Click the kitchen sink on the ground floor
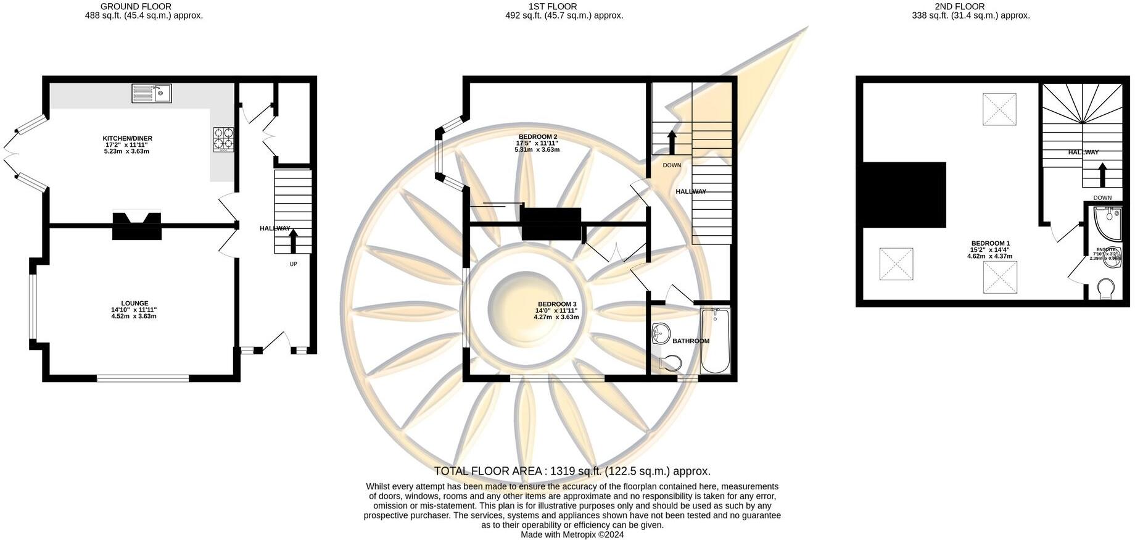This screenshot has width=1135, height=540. [x=152, y=94]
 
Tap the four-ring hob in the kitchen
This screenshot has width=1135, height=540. [x=223, y=139]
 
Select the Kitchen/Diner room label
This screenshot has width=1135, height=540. [x=127, y=138]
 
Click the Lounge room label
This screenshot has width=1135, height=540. [x=134, y=303]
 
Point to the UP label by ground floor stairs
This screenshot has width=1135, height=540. [x=293, y=264]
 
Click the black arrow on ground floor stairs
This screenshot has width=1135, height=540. [x=293, y=241]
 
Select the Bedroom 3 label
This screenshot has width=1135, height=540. [x=556, y=304]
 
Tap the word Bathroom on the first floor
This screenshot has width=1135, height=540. [x=690, y=341]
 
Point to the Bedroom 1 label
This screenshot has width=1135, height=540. [x=990, y=243]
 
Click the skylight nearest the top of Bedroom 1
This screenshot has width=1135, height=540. [x=999, y=109]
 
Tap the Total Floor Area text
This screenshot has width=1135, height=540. [x=572, y=471]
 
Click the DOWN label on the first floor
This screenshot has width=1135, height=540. [x=672, y=165]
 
